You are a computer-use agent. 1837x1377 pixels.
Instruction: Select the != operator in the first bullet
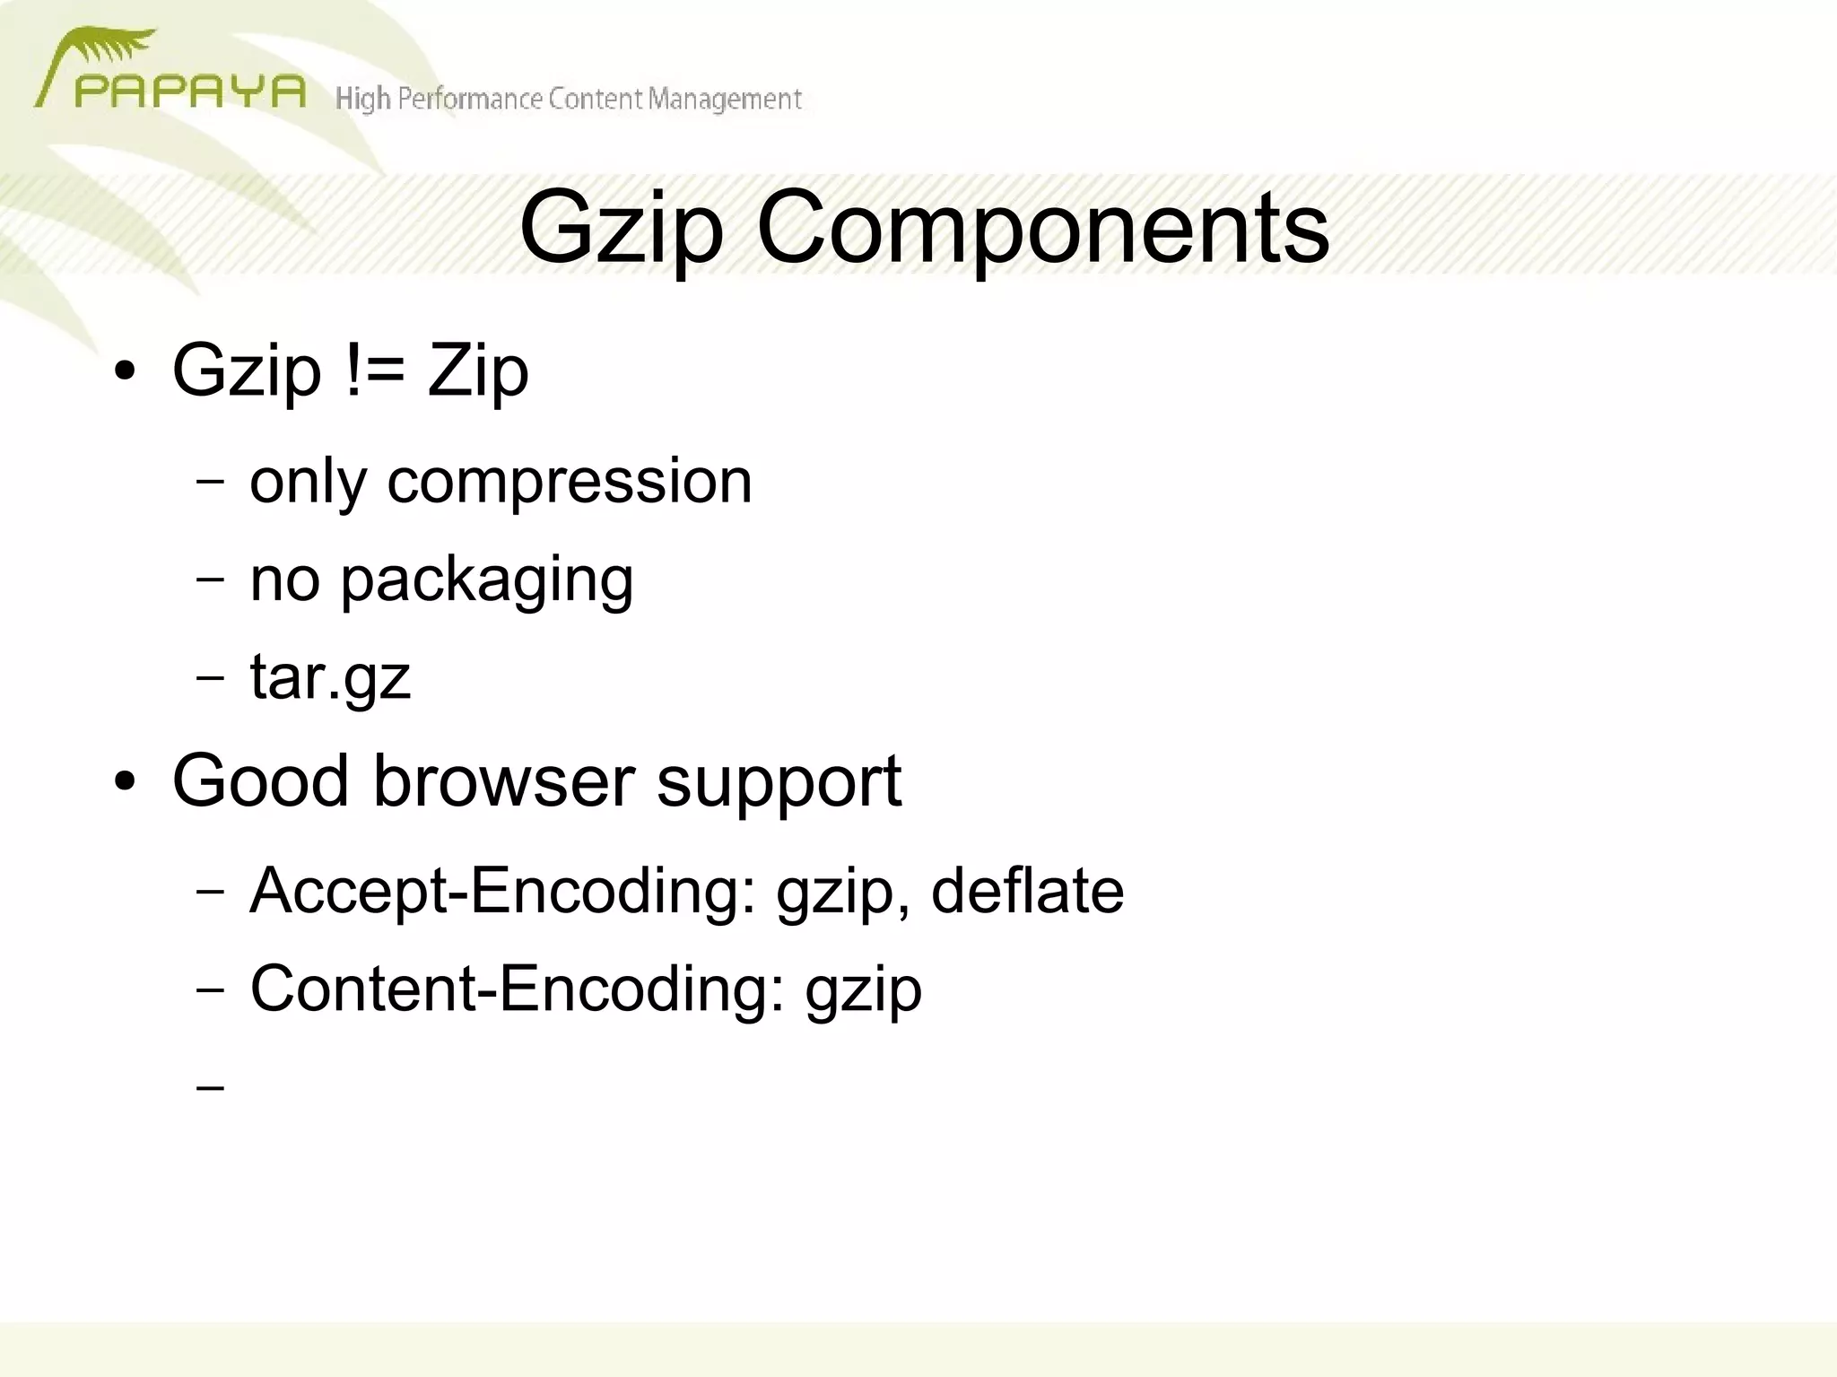pyautogui.click(x=374, y=370)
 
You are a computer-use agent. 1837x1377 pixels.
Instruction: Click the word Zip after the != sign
pyautogui.click(x=477, y=371)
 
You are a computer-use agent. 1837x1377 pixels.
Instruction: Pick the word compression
pyautogui.click(x=569, y=483)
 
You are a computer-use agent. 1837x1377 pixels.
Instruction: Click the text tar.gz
pyautogui.click(x=329, y=678)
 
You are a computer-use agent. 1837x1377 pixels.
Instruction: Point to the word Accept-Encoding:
pyautogui.click(x=503, y=892)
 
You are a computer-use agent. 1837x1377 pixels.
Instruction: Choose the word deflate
pyautogui.click(x=1027, y=891)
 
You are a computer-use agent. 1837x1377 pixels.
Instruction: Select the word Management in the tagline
pyautogui.click(x=725, y=99)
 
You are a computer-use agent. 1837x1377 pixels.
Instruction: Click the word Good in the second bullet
pyautogui.click(x=260, y=780)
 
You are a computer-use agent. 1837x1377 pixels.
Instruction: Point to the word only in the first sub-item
pyautogui.click(x=308, y=483)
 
